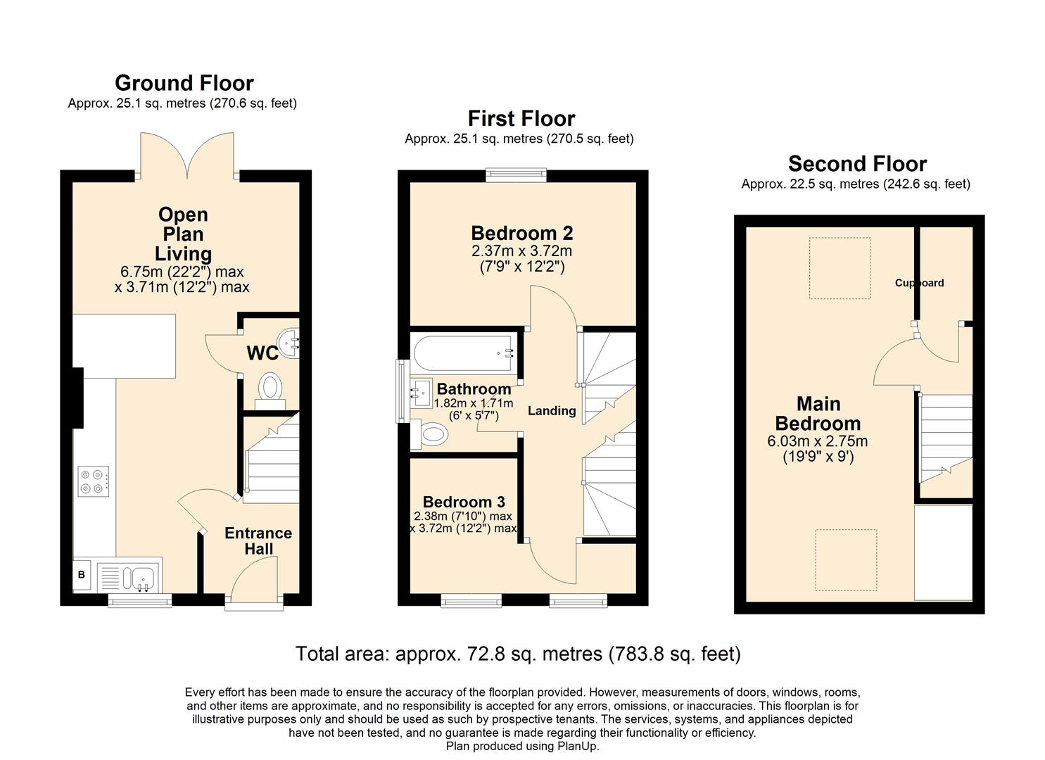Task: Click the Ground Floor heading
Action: (x=184, y=83)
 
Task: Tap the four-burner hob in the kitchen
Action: (x=94, y=481)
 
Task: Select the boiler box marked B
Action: (x=82, y=575)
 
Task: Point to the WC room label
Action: (x=262, y=353)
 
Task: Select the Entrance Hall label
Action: (x=258, y=541)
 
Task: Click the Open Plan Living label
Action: (x=183, y=234)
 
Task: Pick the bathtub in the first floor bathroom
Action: (x=464, y=353)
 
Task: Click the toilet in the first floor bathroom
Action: (x=430, y=435)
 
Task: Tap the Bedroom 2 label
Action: (x=521, y=233)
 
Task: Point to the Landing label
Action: (x=552, y=411)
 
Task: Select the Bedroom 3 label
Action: (x=464, y=502)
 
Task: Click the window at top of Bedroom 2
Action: (x=516, y=174)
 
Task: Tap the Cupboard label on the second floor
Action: (x=919, y=283)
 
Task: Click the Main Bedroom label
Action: (x=818, y=414)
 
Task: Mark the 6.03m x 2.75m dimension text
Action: (x=818, y=442)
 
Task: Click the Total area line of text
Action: (x=518, y=654)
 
